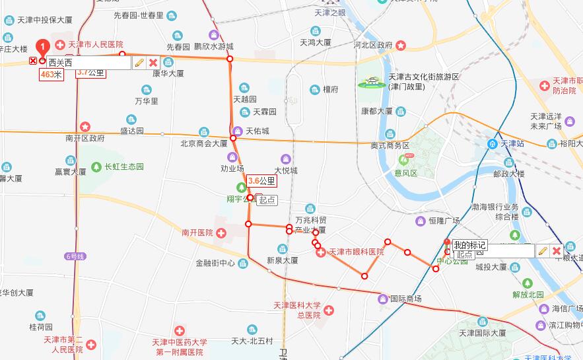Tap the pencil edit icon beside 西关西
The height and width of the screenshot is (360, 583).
[139, 63]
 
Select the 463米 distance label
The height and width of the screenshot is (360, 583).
[51, 75]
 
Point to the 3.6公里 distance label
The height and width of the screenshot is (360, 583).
[261, 180]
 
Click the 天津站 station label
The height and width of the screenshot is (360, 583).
[512, 143]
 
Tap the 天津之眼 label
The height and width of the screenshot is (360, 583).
[330, 13]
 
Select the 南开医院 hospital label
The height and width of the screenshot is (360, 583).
[197, 233]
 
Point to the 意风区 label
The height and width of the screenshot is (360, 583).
[406, 173]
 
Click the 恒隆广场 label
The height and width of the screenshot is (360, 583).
[444, 221]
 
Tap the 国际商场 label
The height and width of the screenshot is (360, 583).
[405, 299]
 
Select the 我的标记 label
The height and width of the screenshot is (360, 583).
[469, 245]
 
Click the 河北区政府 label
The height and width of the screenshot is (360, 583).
[373, 45]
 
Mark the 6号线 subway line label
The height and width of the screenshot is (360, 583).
[75, 256]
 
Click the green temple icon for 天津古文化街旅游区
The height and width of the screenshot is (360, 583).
[371, 83]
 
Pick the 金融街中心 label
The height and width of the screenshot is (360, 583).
[215, 262]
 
